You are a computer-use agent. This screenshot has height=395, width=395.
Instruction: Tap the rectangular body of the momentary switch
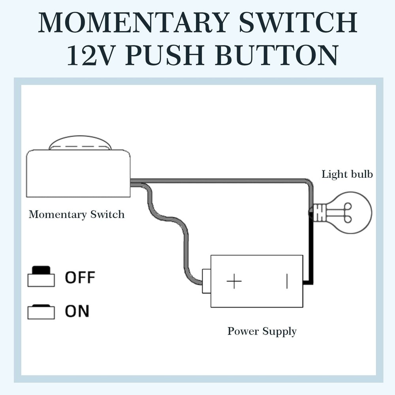[78, 174]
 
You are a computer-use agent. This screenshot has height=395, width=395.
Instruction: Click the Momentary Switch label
[77, 214]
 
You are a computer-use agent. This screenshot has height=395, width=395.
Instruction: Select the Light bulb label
[347, 174]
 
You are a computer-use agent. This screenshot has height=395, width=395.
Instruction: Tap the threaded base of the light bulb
[320, 213]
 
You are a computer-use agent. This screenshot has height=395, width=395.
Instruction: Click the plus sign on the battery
[234, 282]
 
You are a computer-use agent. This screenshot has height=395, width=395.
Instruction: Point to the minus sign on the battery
[287, 282]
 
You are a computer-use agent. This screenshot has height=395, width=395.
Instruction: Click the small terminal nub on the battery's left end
[206, 281]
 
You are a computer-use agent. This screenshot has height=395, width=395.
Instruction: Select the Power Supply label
[262, 331]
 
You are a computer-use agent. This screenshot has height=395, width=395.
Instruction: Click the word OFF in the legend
[80, 278]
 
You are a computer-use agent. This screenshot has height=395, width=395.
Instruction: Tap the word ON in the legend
[77, 311]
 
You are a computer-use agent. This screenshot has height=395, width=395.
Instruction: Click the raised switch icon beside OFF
[41, 276]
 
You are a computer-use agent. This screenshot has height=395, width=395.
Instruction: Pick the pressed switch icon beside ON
[41, 311]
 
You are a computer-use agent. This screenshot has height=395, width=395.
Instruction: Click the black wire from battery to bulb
[312, 253]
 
